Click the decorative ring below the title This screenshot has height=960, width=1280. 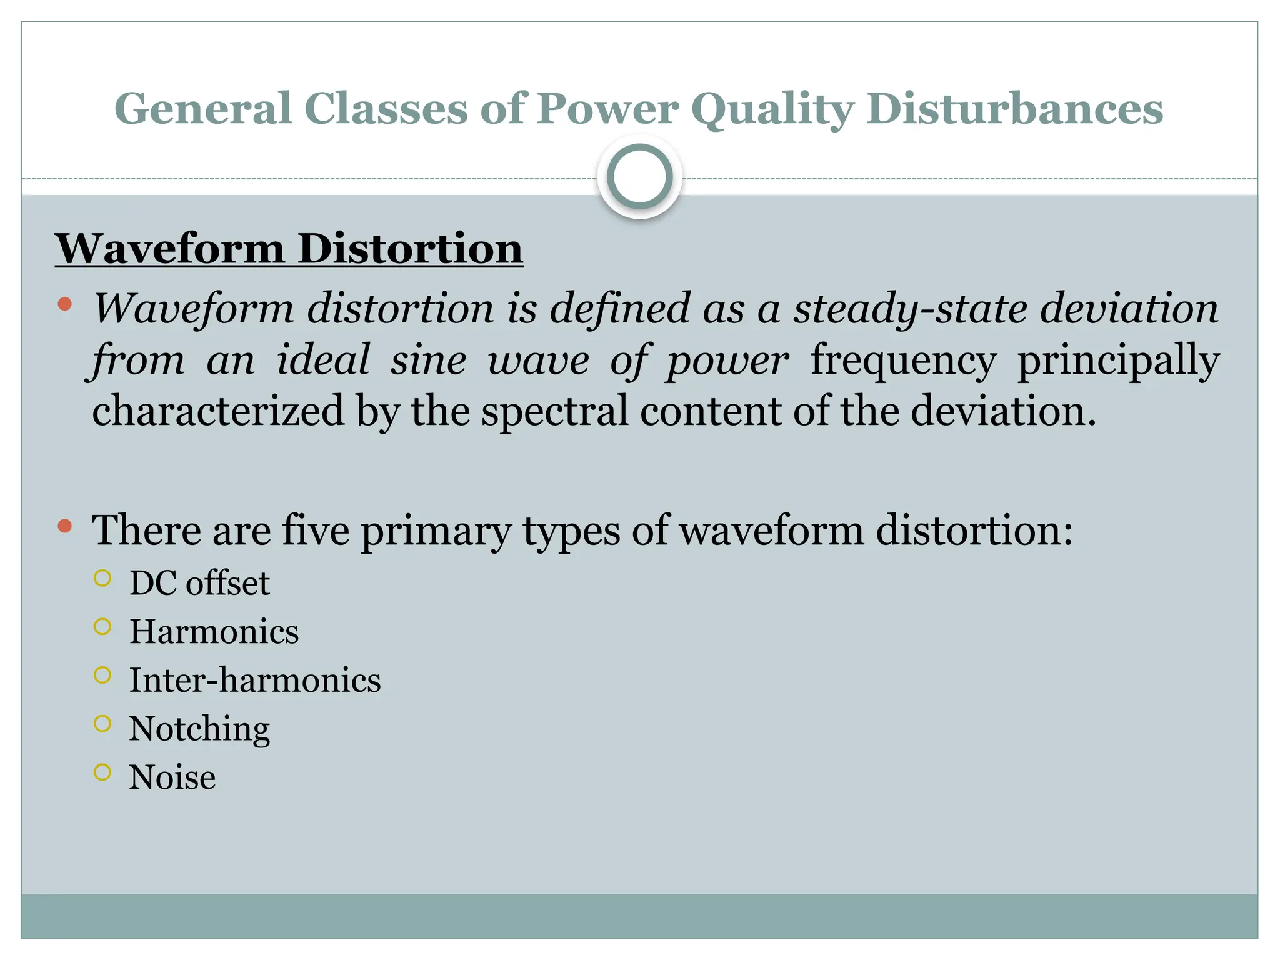coord(639,176)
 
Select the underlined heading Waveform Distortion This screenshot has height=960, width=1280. coord(289,249)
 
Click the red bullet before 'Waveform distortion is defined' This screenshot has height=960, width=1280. coord(64,305)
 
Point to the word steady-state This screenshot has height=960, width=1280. coord(910,308)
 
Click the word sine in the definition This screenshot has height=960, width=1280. coord(428,360)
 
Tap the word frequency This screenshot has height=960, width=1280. coord(903,361)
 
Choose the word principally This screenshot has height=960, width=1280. coord(1118,361)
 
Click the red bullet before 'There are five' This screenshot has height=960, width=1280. coord(64,526)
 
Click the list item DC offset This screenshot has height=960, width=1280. coord(199,583)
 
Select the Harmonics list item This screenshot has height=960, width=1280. coord(214,631)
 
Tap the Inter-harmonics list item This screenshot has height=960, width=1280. coord(254,680)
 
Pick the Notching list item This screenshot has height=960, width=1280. coord(199,729)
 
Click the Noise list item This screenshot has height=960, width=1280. coord(172,777)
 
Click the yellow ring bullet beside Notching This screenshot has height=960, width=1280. coord(102,724)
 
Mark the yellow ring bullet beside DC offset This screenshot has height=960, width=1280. coord(102,578)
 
